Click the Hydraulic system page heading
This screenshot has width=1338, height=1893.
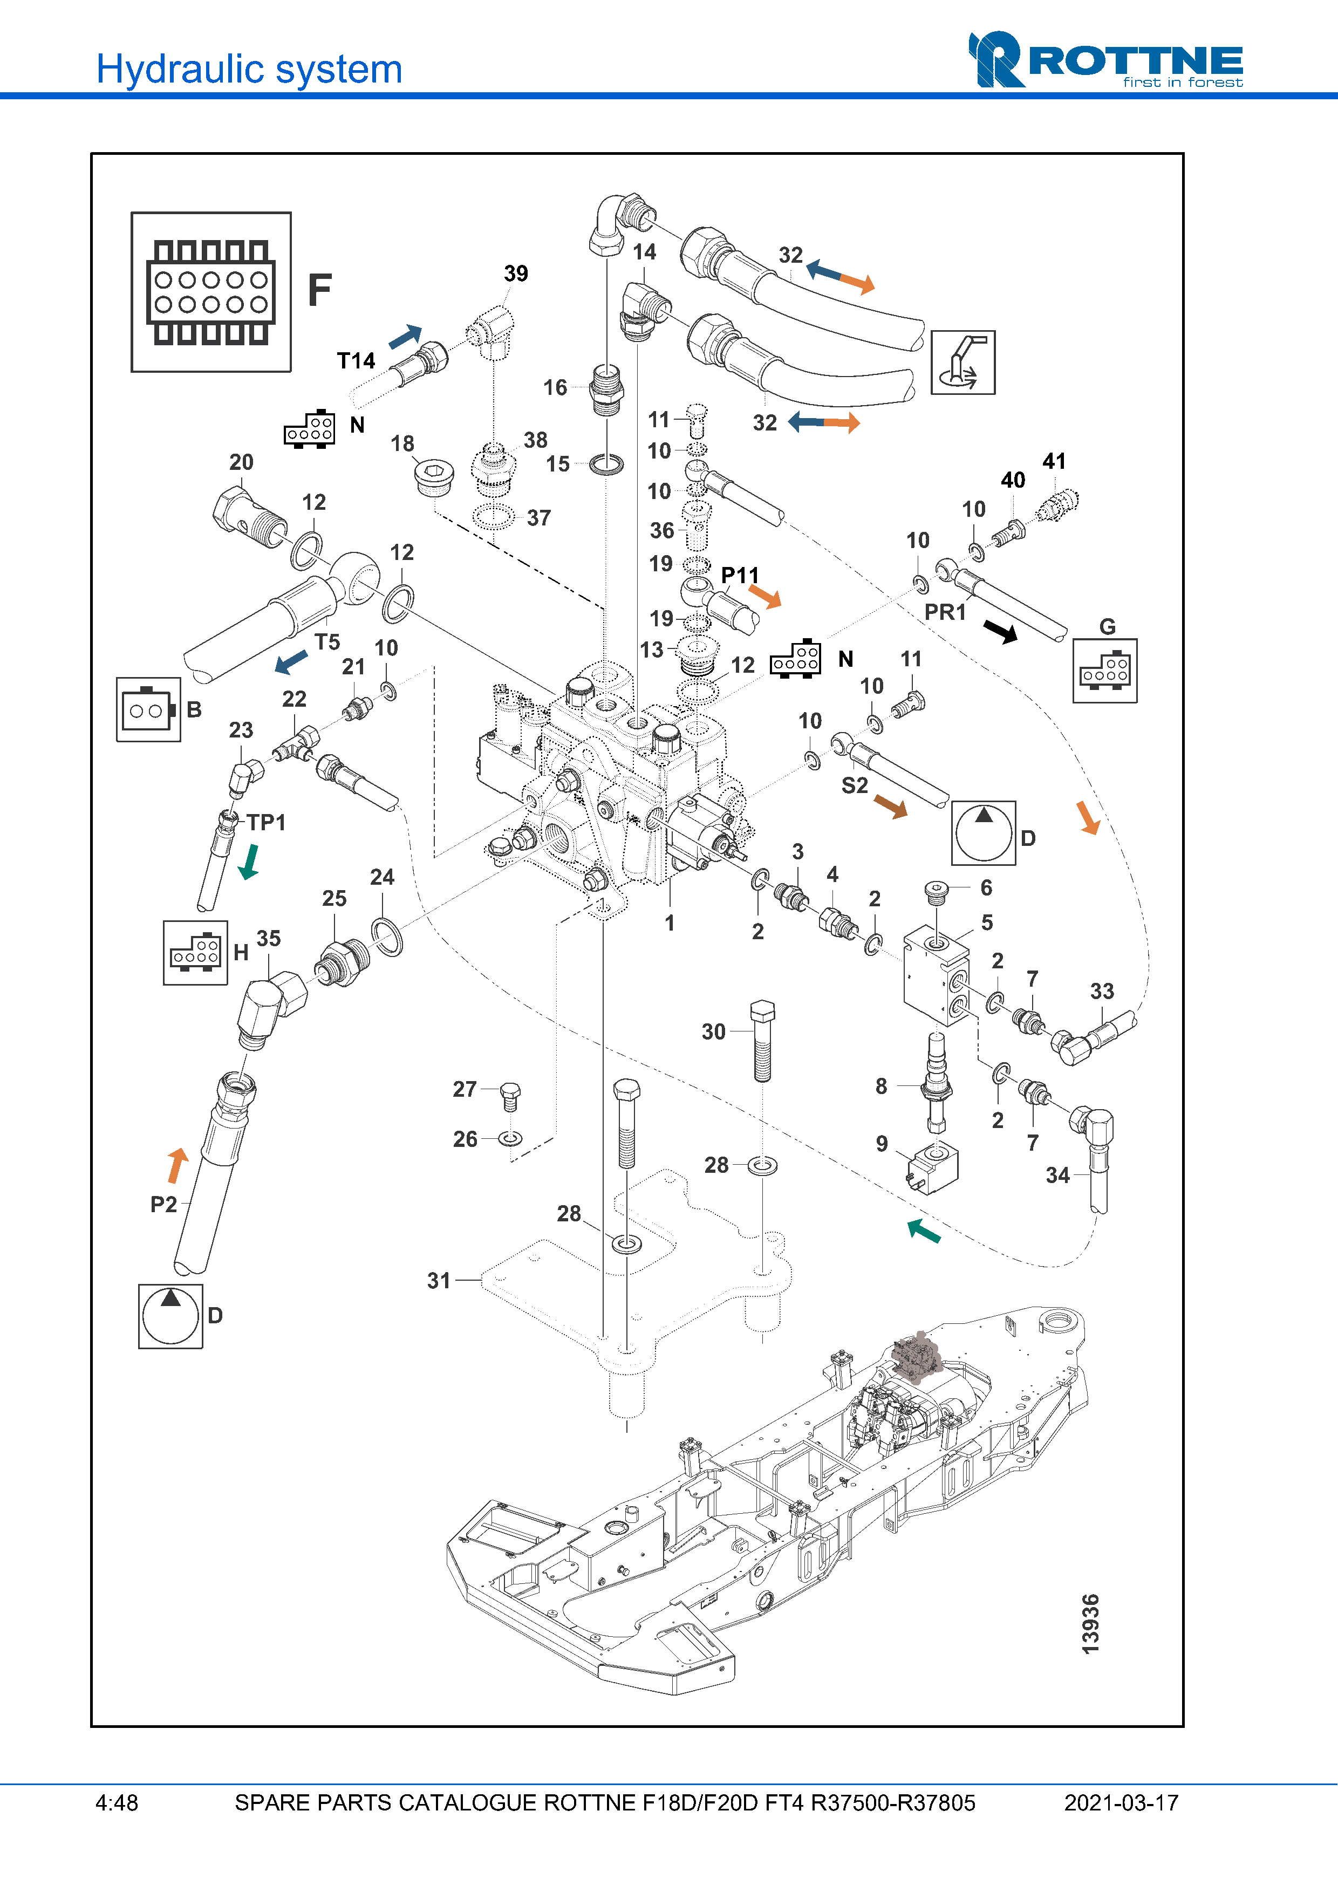point(249,69)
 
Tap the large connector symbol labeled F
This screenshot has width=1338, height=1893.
point(211,292)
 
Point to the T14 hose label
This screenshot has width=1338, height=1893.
point(356,360)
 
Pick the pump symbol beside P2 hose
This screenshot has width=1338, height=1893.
point(170,1316)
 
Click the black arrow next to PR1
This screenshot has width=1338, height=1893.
point(1001,632)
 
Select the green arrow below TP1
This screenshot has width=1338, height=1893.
point(248,863)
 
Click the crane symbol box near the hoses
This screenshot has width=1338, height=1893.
point(963,363)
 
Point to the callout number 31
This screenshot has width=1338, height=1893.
point(439,1280)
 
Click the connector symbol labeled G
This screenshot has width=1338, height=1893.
point(1105,671)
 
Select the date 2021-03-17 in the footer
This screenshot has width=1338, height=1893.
point(1121,1803)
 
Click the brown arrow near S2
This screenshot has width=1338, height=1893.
point(890,807)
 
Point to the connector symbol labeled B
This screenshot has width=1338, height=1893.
point(148,709)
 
